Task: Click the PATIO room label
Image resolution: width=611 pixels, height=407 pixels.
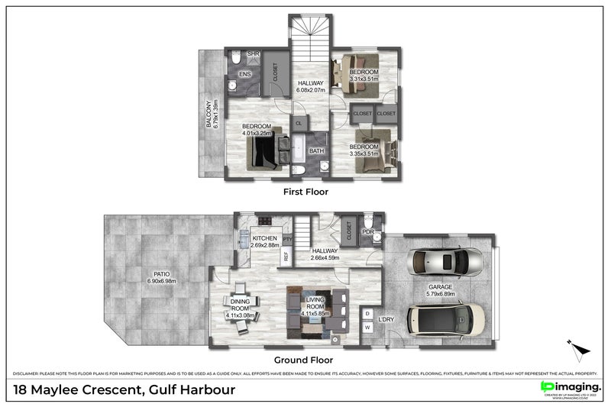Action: [x=161, y=277]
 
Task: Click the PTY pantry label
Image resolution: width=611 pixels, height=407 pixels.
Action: [x=287, y=240]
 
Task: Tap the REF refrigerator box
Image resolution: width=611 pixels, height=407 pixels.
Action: [x=286, y=257]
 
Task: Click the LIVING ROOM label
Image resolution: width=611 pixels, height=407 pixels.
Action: [x=315, y=305]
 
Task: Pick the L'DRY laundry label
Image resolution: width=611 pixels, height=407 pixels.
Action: [x=386, y=319]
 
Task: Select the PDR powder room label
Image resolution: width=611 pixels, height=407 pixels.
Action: [x=367, y=232]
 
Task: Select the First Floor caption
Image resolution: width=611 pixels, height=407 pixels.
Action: [x=305, y=192]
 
